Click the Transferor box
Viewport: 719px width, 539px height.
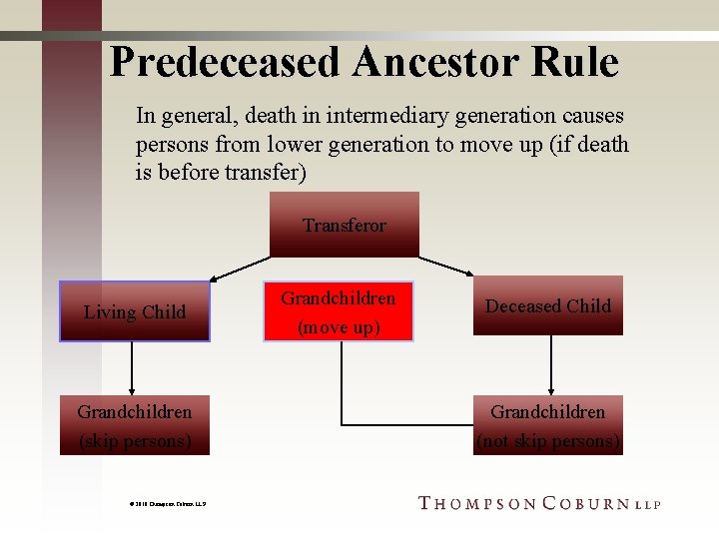tap(345, 225)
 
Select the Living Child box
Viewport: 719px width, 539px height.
tap(135, 311)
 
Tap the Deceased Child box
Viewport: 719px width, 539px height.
tap(547, 305)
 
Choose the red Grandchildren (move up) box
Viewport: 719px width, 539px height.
tap(338, 311)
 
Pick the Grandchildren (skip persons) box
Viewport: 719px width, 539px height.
tap(135, 425)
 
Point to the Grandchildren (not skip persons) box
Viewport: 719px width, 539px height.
tap(547, 425)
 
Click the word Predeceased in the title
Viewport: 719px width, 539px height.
tap(228, 62)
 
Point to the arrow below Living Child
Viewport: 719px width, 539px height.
tap(132, 369)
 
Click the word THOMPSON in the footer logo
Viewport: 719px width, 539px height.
tap(476, 503)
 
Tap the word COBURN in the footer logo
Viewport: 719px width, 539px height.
tap(585, 503)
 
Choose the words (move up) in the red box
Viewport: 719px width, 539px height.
tap(338, 327)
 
